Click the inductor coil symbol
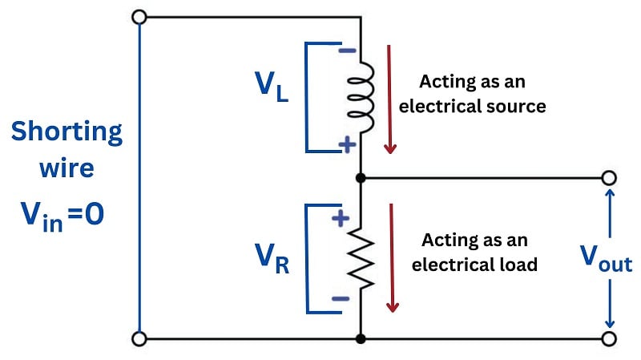362,96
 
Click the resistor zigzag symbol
362,259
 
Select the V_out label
606,261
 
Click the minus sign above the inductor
346,50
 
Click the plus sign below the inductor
346,145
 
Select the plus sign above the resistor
341,217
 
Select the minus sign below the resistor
341,299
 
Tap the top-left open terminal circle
139,17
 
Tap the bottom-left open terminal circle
139,339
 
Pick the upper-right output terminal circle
609,177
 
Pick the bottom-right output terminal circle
609,339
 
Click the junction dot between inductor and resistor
362,177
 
